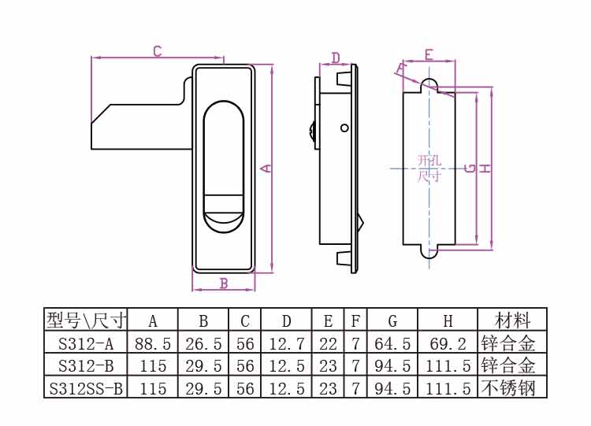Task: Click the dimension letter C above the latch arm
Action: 157,52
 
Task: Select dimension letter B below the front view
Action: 223,283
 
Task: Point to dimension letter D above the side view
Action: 336,57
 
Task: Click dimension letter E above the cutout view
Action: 429,54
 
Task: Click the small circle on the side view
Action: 344,128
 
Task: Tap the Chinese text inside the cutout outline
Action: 429,169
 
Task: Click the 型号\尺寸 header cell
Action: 86,320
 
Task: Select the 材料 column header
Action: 512,320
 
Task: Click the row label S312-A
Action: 86,343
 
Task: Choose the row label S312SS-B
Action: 86,388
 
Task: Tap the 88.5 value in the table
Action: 153,343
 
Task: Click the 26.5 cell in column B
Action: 203,343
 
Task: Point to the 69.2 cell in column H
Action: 448,343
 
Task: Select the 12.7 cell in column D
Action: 286,343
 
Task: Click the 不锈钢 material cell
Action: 512,388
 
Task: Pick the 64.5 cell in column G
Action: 392,343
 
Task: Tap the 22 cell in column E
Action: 328,343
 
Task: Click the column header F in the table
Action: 355,320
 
